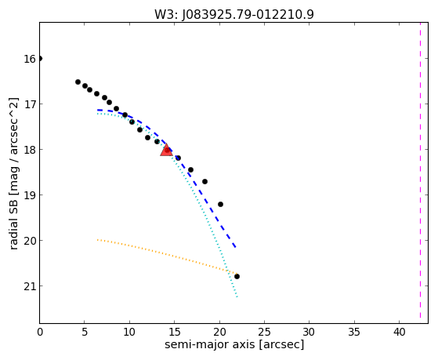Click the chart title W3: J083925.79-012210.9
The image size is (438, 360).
tap(234, 14)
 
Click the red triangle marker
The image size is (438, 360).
tap(166, 151)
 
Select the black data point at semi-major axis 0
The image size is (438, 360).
tap(40, 59)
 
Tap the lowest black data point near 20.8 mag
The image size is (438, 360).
tap(237, 277)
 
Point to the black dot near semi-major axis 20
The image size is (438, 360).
tap(220, 204)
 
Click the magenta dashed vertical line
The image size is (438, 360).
tap(420, 170)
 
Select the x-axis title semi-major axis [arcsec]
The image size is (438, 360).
tap(234, 344)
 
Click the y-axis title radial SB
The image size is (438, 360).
tap(13, 173)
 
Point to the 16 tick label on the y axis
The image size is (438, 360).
tap(30, 59)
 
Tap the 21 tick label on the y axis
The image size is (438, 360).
tap(30, 286)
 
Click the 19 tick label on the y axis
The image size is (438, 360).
tap(30, 195)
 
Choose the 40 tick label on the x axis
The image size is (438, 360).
tap(399, 332)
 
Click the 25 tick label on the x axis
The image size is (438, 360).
tap(264, 332)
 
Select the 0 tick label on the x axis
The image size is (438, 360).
tap(40, 332)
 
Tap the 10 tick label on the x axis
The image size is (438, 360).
tap(129, 332)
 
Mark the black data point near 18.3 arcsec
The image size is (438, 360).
tap(205, 181)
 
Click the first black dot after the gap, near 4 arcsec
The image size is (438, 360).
tap(78, 82)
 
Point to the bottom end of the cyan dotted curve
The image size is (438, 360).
tap(237, 297)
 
